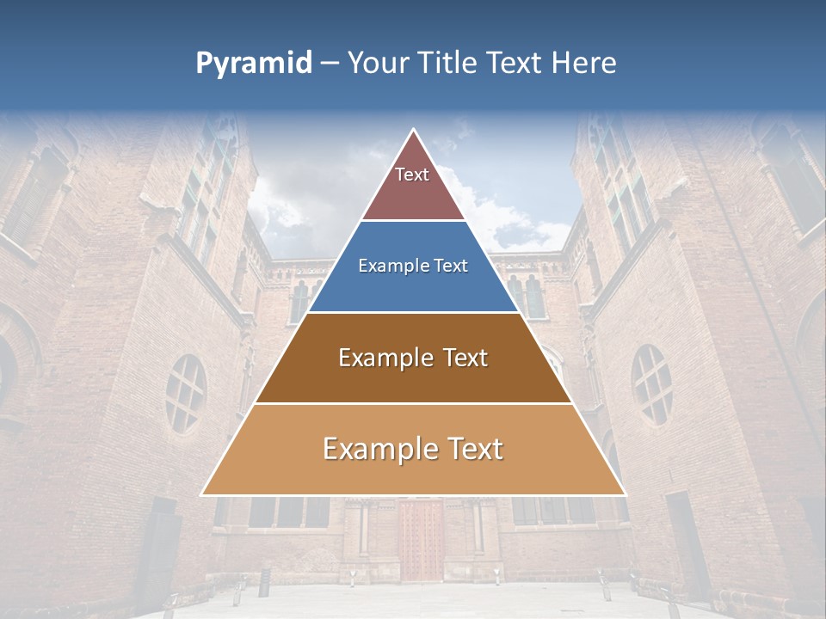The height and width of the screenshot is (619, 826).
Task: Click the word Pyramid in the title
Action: [253, 64]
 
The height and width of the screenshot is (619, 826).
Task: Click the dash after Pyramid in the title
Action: [329, 64]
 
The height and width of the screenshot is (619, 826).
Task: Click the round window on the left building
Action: [186, 393]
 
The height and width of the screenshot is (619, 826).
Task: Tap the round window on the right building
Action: [651, 383]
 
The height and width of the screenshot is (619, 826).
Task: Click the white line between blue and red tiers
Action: [413, 221]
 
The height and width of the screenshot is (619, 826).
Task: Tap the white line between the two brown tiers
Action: [413, 403]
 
